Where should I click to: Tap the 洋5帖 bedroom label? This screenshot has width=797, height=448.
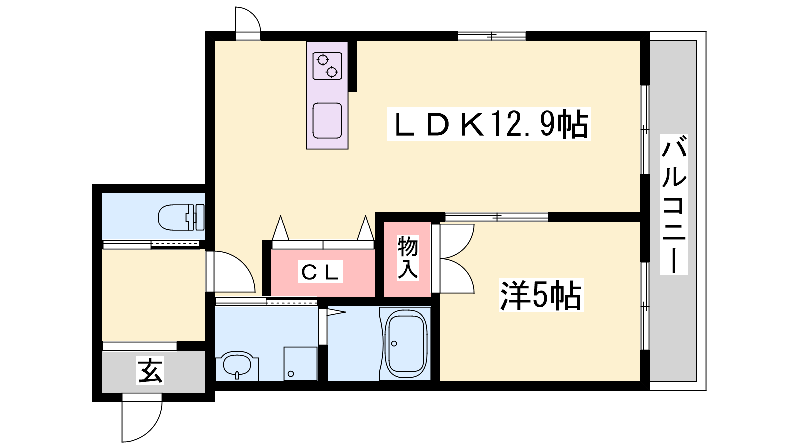point(541,295)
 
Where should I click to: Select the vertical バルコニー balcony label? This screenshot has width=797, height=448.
point(673,205)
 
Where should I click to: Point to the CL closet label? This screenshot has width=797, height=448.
point(320,272)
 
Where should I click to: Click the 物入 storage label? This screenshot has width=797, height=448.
point(408,257)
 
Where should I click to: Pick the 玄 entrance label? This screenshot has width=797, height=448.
point(150,370)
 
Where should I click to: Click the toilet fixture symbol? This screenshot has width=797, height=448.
point(181,217)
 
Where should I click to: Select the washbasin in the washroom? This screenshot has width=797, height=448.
point(237,366)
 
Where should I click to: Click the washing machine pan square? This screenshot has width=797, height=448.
point(301,364)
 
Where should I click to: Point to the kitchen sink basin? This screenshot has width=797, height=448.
point(327,120)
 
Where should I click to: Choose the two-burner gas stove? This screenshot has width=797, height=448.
point(327,66)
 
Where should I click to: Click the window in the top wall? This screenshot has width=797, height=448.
point(491,36)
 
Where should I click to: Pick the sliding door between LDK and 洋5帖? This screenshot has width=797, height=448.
point(497,217)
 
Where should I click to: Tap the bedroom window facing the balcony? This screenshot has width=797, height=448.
point(645,306)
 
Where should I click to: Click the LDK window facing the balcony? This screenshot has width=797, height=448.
point(645,130)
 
